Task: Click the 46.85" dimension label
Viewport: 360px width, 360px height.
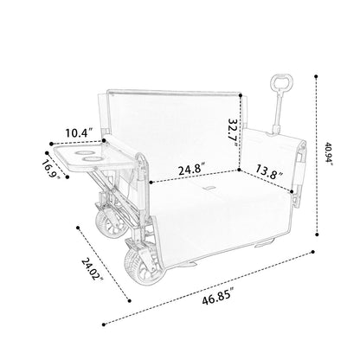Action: tap(217, 299)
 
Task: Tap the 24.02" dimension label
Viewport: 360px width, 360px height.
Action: tap(93, 269)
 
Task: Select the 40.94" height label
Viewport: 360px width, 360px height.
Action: tap(329, 153)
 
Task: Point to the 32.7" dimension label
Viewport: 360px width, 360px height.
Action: tap(234, 132)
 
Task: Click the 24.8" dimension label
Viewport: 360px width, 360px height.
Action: tap(192, 169)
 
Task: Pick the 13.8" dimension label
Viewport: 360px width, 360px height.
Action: tap(269, 172)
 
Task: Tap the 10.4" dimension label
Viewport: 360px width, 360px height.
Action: tap(79, 133)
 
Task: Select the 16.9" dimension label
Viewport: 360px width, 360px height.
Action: tap(51, 170)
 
